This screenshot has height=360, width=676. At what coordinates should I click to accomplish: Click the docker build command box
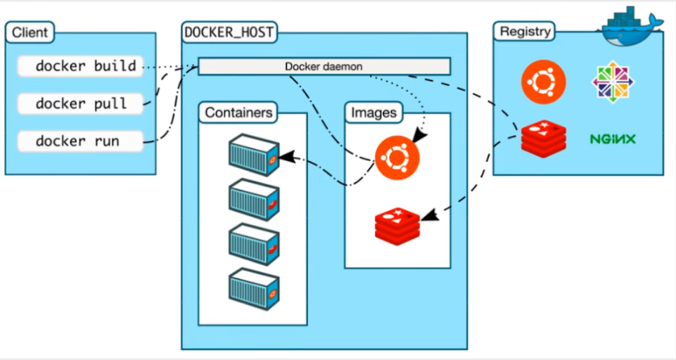[80, 67]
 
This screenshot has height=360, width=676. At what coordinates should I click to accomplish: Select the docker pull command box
[80, 104]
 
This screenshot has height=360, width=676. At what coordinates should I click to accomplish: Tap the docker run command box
[80, 141]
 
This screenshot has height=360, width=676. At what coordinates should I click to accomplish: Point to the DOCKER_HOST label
[229, 32]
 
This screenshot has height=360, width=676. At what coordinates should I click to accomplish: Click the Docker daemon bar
[324, 66]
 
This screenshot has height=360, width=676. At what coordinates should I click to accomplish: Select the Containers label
[236, 112]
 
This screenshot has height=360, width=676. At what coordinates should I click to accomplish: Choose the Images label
[374, 112]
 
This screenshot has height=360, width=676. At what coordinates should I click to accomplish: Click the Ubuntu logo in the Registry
[544, 82]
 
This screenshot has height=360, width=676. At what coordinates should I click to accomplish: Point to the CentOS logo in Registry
[613, 82]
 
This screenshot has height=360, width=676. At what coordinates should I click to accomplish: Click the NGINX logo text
[613, 139]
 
